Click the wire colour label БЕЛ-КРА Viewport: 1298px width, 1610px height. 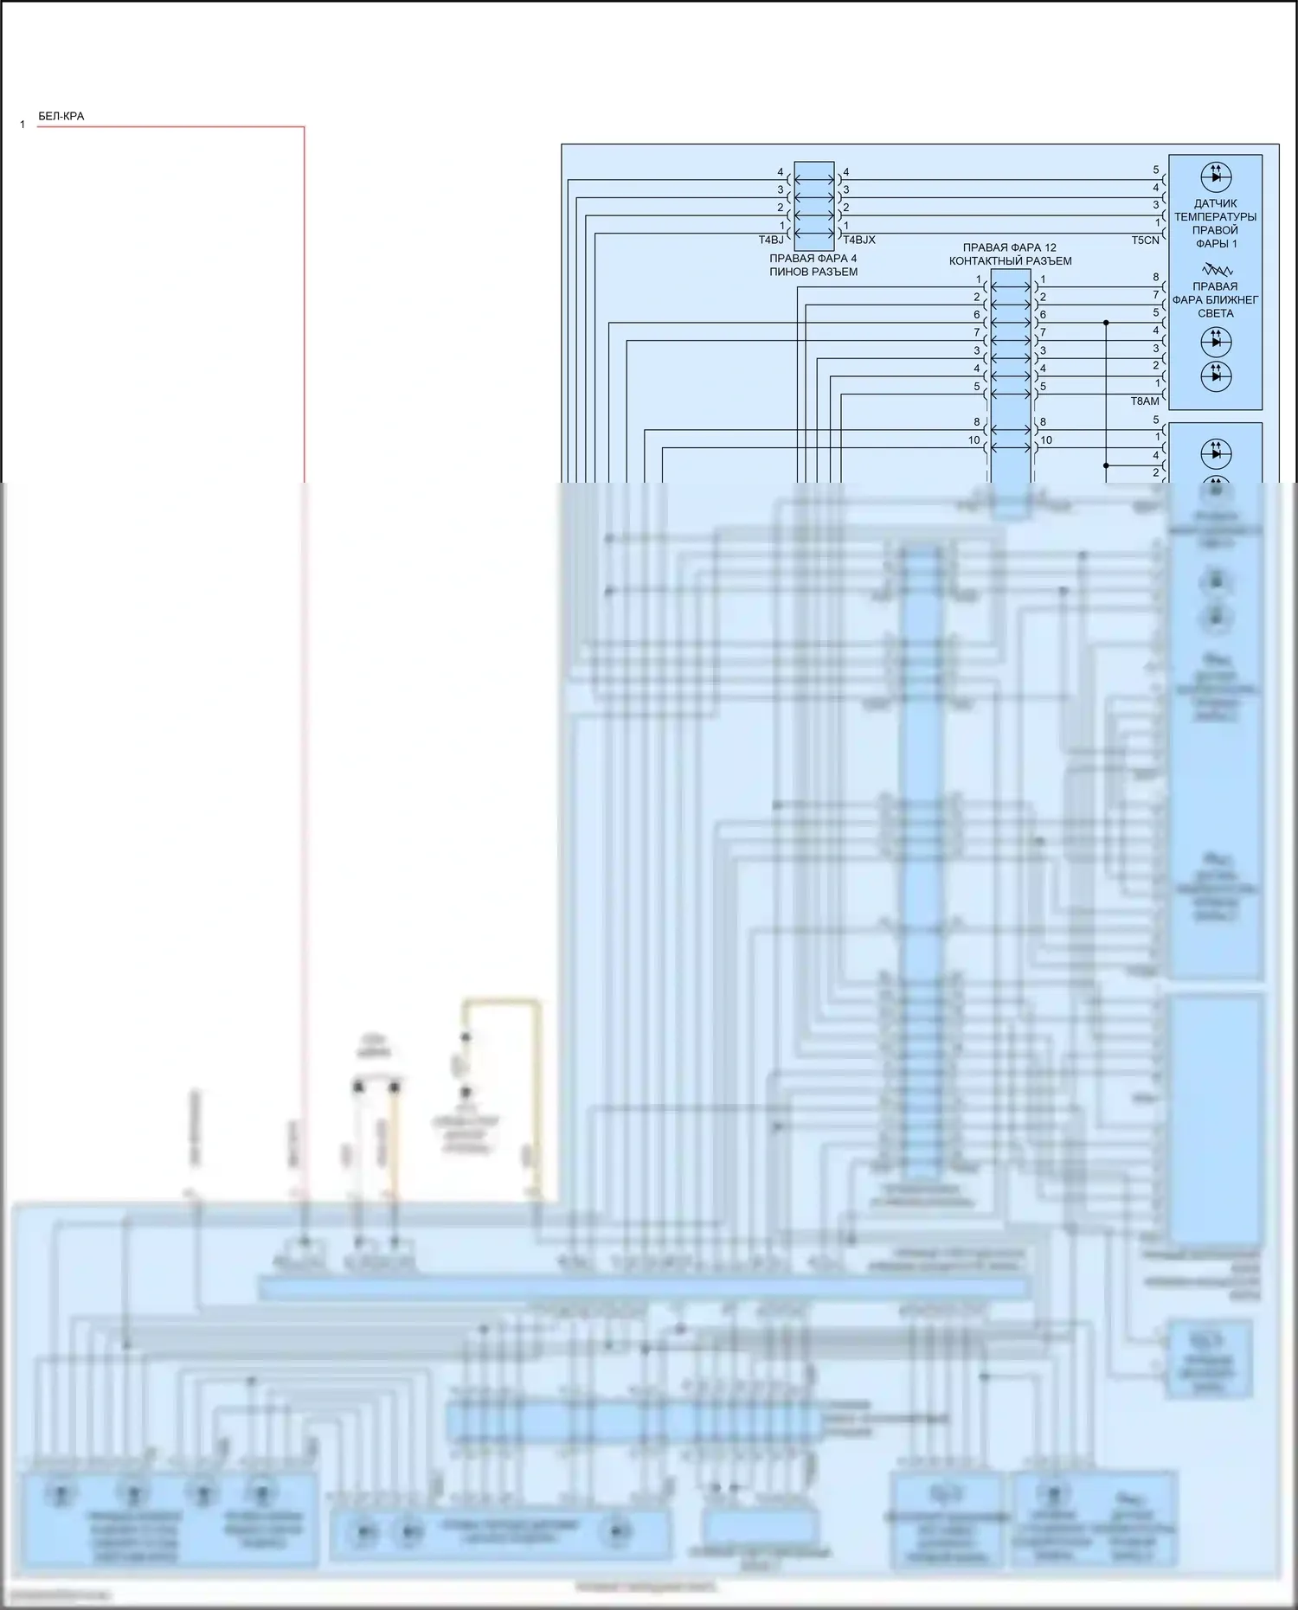pyautogui.click(x=61, y=116)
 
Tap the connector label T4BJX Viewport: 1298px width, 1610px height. pyautogui.click(x=859, y=240)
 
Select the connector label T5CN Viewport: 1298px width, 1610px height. pyautogui.click(x=1145, y=240)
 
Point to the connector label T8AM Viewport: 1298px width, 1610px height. pyautogui.click(x=1144, y=401)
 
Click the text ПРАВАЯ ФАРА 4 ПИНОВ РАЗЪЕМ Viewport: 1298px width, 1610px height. pyautogui.click(x=813, y=265)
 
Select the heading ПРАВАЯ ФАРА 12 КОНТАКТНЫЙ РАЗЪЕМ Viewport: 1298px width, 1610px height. pyautogui.click(x=1010, y=254)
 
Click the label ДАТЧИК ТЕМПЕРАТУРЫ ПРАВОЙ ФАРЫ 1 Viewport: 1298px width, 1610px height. pyautogui.click(x=1215, y=223)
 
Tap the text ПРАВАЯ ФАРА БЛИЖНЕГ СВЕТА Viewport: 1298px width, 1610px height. pyautogui.click(x=1215, y=299)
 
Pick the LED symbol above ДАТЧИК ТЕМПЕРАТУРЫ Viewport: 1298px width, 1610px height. pyautogui.click(x=1216, y=176)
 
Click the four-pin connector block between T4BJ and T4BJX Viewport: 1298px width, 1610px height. pyautogui.click(x=814, y=206)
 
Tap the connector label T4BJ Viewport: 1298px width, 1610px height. pyautogui.click(x=771, y=240)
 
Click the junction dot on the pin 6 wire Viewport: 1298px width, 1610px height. pyautogui.click(x=1106, y=323)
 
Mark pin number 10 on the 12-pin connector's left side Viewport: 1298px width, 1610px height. pyautogui.click(x=973, y=440)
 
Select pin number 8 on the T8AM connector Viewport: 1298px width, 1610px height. pyautogui.click(x=1156, y=278)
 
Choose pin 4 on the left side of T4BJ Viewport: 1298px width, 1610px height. pyautogui.click(x=780, y=172)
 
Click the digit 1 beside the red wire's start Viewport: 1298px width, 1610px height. pyautogui.click(x=22, y=125)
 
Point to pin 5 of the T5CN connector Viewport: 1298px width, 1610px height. pyautogui.click(x=1156, y=170)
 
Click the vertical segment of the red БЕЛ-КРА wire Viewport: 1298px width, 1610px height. pyautogui.click(x=304, y=303)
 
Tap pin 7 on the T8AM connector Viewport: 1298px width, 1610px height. pyautogui.click(x=1156, y=295)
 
